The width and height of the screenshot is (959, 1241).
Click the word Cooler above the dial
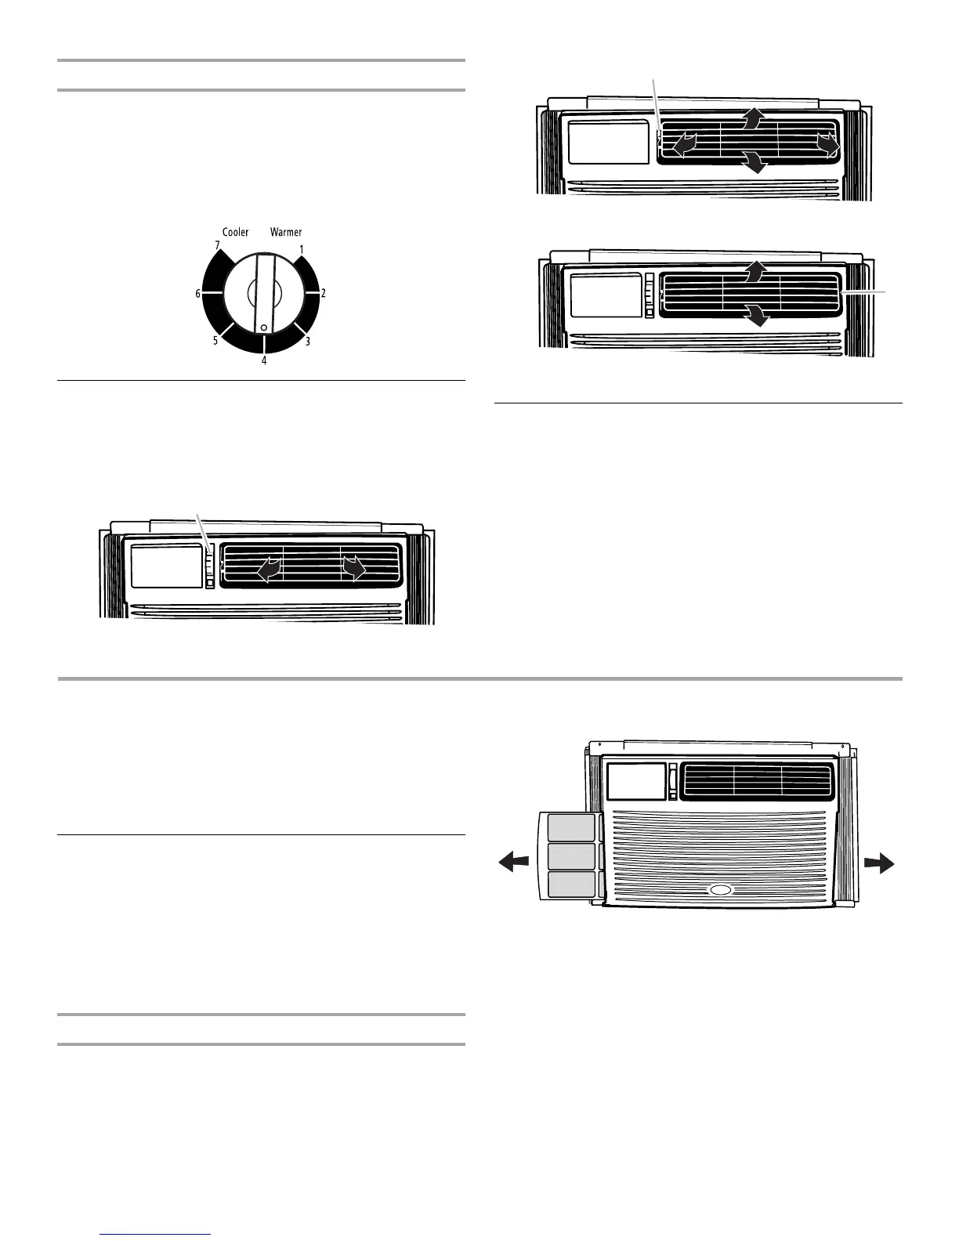click(x=235, y=232)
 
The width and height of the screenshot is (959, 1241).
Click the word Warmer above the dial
click(x=286, y=232)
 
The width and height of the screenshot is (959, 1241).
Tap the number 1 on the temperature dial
click(x=301, y=249)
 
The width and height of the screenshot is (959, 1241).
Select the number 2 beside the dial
click(x=324, y=293)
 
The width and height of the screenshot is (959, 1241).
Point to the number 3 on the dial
click(x=307, y=341)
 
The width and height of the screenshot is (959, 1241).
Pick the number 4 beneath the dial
click(x=264, y=361)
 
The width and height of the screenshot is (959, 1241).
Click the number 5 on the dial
click(x=215, y=341)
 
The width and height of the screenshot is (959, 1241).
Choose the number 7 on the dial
click(x=217, y=245)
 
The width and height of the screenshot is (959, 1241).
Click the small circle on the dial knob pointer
click(x=264, y=327)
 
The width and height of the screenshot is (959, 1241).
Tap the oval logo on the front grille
click(x=720, y=890)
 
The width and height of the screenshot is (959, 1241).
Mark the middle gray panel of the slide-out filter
click(x=570, y=856)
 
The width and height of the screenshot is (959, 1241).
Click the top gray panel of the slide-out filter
click(x=570, y=827)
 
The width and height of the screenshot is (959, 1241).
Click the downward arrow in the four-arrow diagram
click(x=755, y=162)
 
